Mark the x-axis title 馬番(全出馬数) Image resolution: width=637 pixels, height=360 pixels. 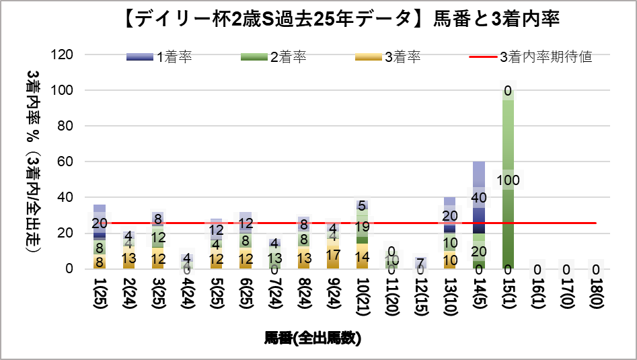tap(313, 338)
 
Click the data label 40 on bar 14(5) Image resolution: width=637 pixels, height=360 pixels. tap(479, 198)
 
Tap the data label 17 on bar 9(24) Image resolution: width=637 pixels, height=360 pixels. tap(333, 255)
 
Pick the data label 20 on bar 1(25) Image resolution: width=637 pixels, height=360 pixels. tap(100, 223)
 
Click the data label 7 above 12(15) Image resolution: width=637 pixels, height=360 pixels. tap(420, 263)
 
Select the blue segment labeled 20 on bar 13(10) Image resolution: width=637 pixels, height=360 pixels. tap(449, 216)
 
